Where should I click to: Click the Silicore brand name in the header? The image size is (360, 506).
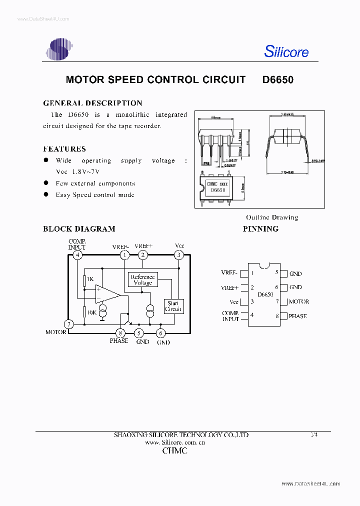(x=286, y=51)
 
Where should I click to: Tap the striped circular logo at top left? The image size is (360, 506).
(x=59, y=49)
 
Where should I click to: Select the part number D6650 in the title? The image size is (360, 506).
(x=277, y=79)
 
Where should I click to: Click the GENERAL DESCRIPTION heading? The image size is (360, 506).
(x=92, y=103)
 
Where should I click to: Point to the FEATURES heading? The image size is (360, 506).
(x=64, y=149)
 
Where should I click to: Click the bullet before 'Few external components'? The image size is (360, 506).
(x=45, y=183)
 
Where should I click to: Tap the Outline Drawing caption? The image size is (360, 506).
(x=271, y=217)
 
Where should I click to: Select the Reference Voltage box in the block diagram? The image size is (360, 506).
(x=142, y=280)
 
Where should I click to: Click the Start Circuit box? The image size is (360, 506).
(x=173, y=306)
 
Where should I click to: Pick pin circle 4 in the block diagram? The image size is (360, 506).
(x=77, y=255)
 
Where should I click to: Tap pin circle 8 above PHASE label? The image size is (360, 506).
(x=120, y=332)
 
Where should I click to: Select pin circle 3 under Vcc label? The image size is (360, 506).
(x=179, y=255)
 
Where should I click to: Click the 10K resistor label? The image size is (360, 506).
(x=91, y=312)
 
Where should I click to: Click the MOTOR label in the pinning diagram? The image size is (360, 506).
(x=298, y=301)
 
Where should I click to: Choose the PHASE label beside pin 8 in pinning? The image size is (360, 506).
(x=297, y=316)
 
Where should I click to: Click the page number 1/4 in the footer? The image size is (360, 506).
(x=314, y=434)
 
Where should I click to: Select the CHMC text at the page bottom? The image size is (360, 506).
(x=175, y=450)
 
